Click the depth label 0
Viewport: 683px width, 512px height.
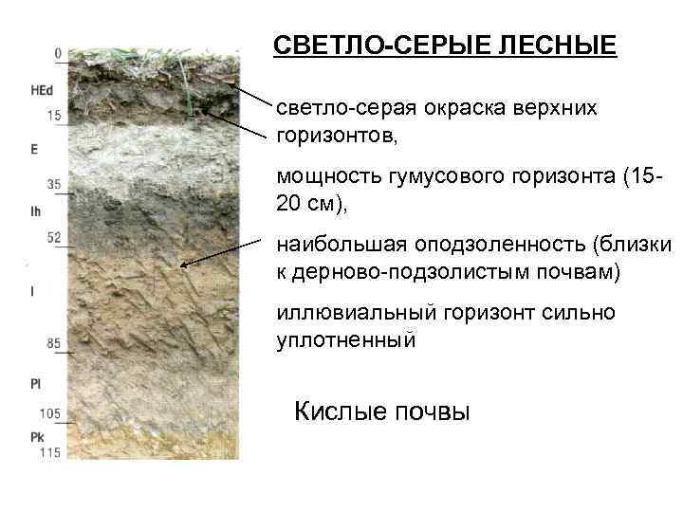(59, 54)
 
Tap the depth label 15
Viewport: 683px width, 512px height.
(54, 117)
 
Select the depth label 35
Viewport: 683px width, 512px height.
(54, 184)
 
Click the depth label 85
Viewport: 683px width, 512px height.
(54, 342)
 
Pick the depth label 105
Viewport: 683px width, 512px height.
(50, 414)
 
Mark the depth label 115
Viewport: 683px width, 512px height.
(50, 453)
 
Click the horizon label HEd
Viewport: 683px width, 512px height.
(41, 92)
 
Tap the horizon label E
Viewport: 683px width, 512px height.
(34, 149)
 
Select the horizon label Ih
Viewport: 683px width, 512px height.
(36, 212)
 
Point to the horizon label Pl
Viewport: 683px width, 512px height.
(35, 384)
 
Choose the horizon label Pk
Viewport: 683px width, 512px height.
(36, 437)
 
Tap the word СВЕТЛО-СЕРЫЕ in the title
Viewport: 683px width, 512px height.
(375, 46)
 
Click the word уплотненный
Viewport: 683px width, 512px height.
(345, 340)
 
